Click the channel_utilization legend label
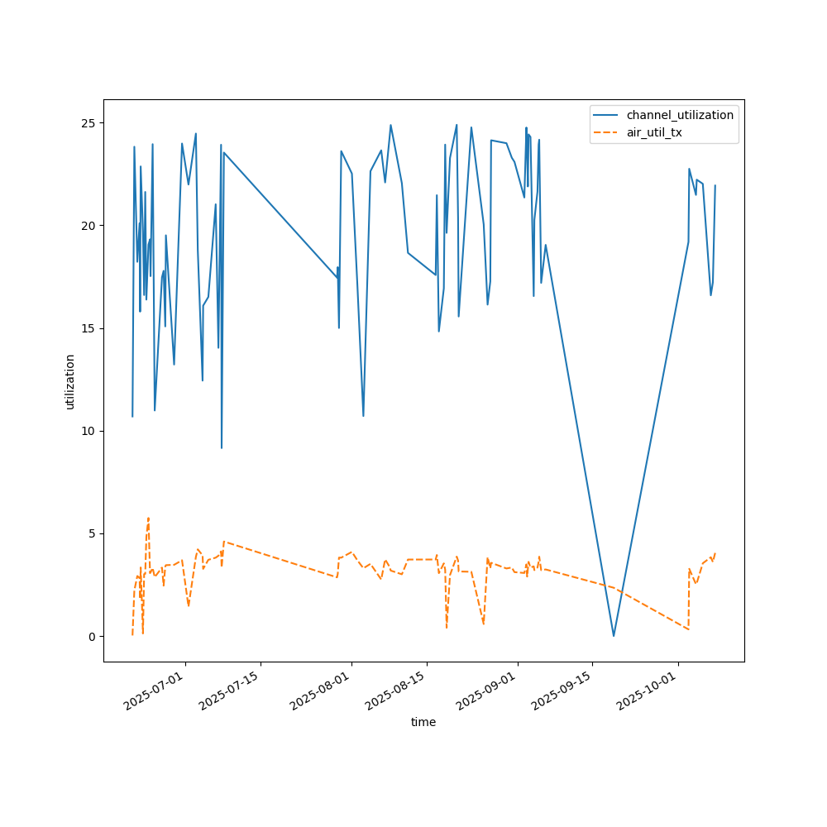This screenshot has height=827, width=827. [x=680, y=115]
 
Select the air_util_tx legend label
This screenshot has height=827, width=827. [x=654, y=132]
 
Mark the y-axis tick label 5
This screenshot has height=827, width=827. [x=93, y=533]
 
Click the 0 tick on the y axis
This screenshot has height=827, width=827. [x=93, y=636]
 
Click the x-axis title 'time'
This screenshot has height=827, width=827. [x=423, y=722]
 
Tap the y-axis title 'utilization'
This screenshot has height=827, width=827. [x=70, y=381]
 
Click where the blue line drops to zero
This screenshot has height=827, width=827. [x=614, y=636]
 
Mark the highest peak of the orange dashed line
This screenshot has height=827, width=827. [x=148, y=519]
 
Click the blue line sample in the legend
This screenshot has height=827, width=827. [x=608, y=115]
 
